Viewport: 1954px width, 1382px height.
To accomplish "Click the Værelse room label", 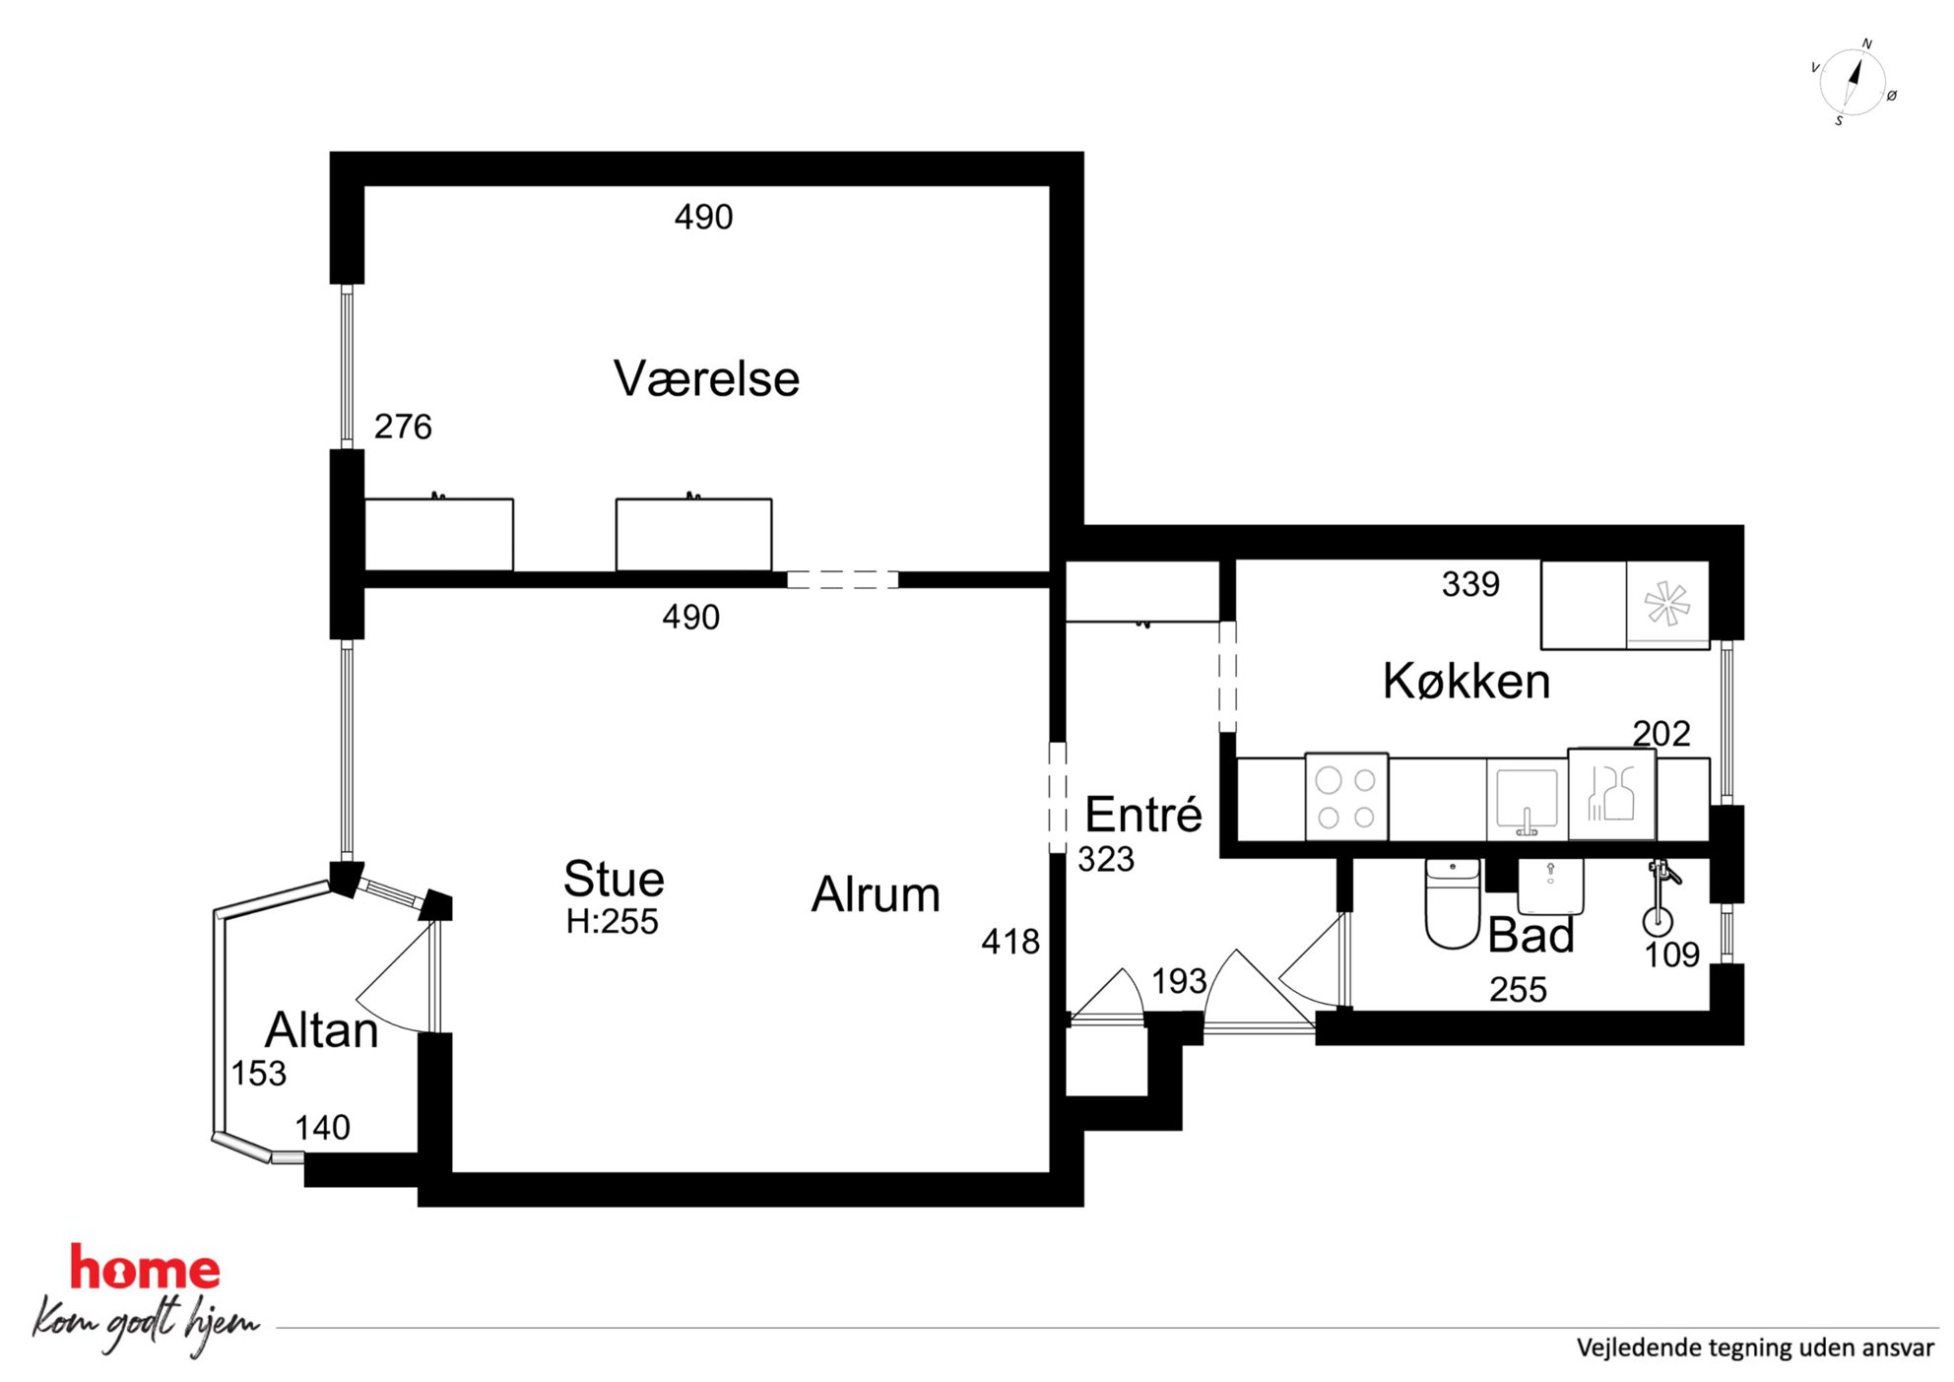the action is pyautogui.click(x=706, y=379).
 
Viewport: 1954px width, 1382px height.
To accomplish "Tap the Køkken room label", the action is pyautogui.click(x=1466, y=681).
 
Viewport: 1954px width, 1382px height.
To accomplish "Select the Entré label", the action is pyautogui.click(x=1143, y=814).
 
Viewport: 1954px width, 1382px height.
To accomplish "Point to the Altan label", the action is pyautogui.click(x=322, y=1030).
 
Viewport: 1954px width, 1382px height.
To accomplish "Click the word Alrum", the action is pyautogui.click(x=876, y=894).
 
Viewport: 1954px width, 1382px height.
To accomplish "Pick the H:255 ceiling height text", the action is pyautogui.click(x=612, y=922).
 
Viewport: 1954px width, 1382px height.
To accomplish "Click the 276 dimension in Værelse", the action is pyautogui.click(x=403, y=427).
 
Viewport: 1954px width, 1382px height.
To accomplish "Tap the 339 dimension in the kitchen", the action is pyautogui.click(x=1470, y=584).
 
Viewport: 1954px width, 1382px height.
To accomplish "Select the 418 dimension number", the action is pyautogui.click(x=1010, y=942).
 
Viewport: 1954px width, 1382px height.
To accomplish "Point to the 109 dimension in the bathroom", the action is pyautogui.click(x=1672, y=954).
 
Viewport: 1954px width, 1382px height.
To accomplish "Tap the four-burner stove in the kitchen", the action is pyautogui.click(x=1346, y=797).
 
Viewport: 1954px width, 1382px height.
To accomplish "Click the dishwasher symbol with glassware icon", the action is pyautogui.click(x=1611, y=794).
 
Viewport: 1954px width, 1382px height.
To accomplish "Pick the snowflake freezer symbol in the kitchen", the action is pyautogui.click(x=1667, y=604).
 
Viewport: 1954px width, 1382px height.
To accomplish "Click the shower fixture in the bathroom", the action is pyautogui.click(x=1661, y=897).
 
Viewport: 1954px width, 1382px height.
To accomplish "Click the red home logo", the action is pyautogui.click(x=145, y=1268).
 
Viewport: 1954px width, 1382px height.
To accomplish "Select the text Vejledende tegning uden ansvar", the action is pyautogui.click(x=1755, y=1348).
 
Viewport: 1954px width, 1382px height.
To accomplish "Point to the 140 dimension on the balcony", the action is pyautogui.click(x=323, y=1128).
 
